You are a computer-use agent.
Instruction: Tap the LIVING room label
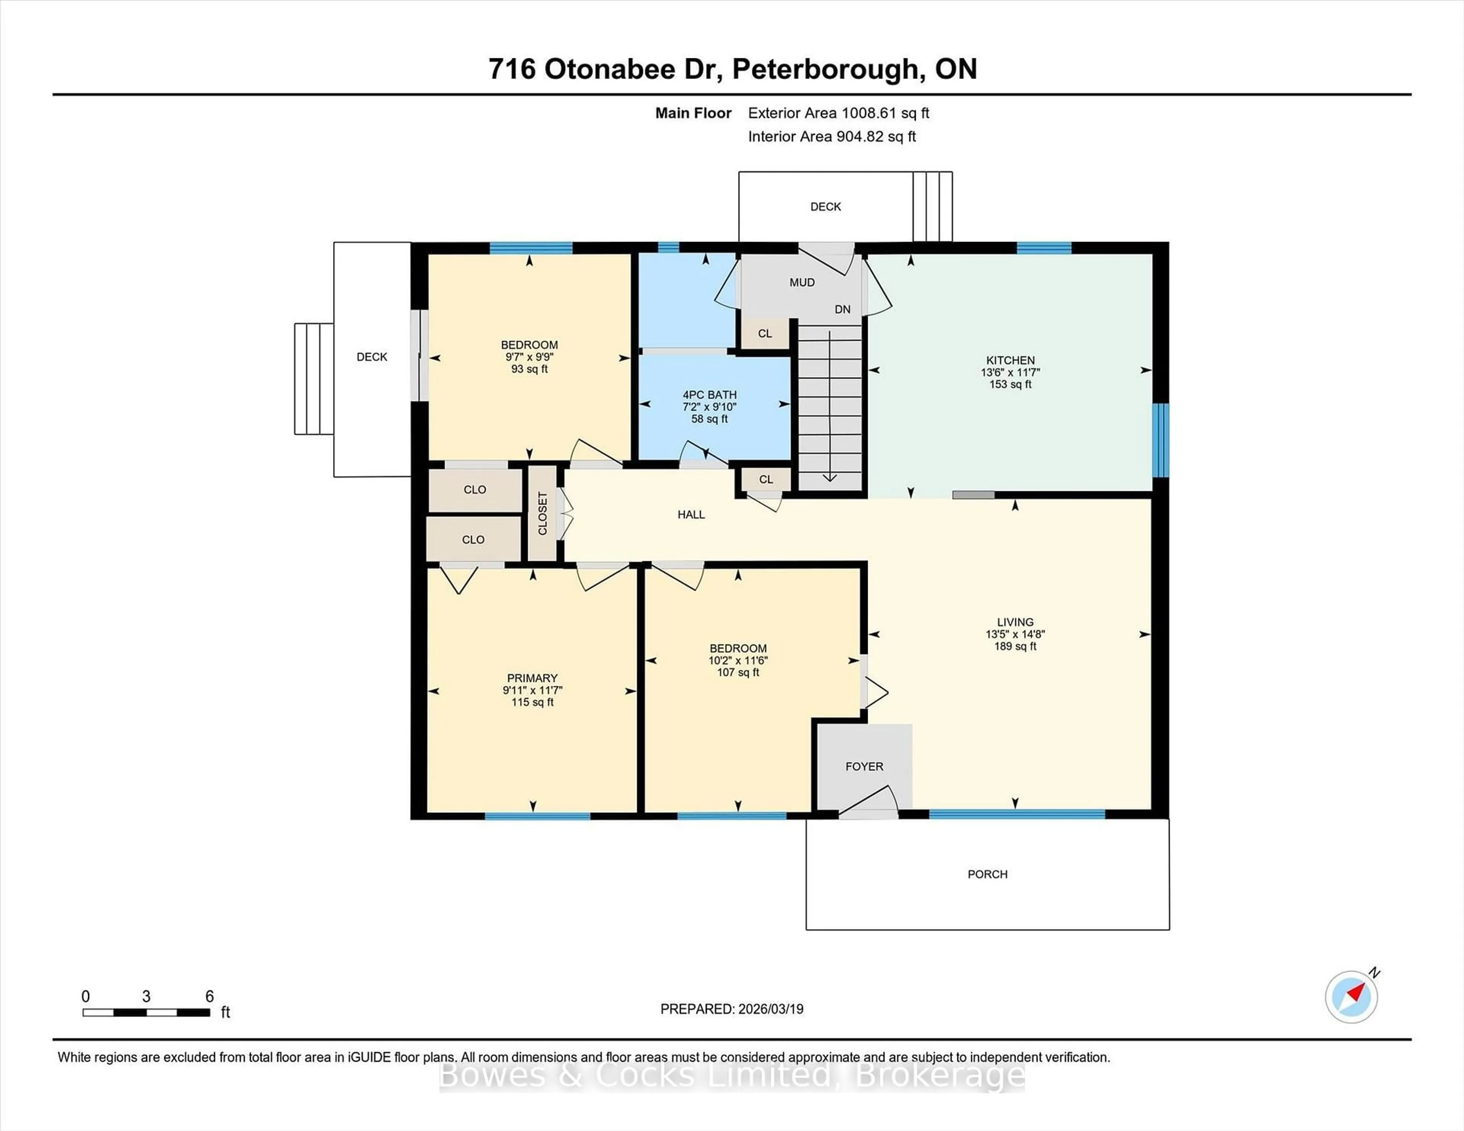(1015, 622)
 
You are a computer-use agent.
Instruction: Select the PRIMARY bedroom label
(532, 678)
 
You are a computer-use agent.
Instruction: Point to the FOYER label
(864, 766)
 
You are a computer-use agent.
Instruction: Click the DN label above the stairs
(843, 309)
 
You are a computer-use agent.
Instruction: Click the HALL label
(691, 514)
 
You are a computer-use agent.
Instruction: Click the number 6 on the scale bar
(209, 996)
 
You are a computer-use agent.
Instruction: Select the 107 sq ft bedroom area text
(738, 672)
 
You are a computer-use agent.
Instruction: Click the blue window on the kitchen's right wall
(1161, 440)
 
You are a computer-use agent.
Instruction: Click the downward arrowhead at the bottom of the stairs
(829, 478)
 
